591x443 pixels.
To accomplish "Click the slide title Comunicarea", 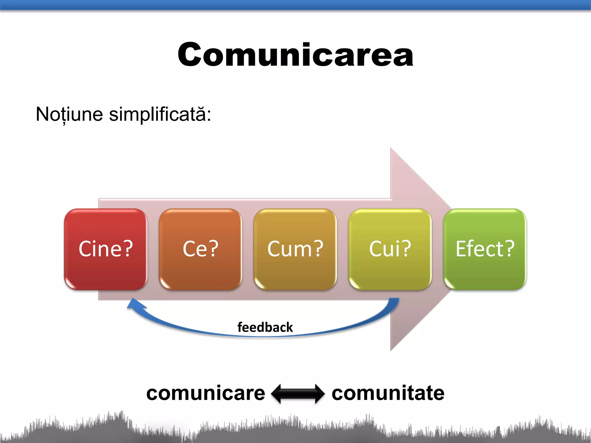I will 295,55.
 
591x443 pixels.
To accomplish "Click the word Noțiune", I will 69,114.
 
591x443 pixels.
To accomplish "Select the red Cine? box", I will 106,249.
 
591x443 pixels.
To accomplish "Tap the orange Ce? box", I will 201,249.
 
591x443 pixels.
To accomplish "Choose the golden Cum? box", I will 295,249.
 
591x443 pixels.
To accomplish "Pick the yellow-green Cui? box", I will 390,249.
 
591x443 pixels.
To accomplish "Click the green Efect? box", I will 485,249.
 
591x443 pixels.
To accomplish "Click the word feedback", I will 265,327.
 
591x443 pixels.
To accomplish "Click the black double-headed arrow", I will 298,394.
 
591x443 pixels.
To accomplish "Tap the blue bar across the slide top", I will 295,5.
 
